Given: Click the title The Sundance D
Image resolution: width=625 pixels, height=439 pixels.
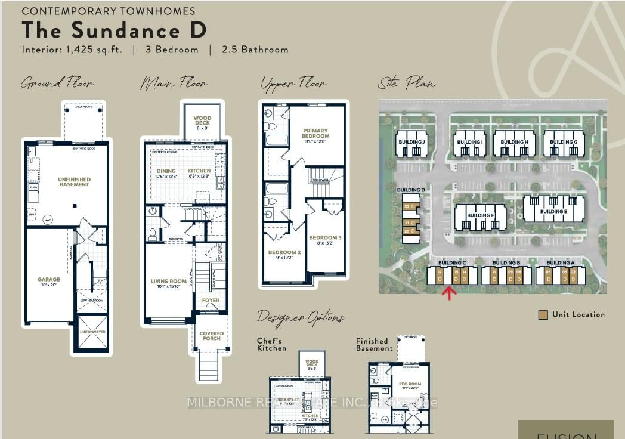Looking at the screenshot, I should click(x=114, y=30).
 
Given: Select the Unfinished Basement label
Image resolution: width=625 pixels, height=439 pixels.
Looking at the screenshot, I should click(x=74, y=181).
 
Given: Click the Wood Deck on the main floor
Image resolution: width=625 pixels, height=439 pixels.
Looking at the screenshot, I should click(x=202, y=122).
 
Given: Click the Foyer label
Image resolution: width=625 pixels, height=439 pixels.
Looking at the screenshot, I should click(x=210, y=301).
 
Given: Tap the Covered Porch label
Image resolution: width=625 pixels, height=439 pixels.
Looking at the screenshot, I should click(x=211, y=336).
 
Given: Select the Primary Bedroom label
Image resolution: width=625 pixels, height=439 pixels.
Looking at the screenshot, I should click(x=315, y=133).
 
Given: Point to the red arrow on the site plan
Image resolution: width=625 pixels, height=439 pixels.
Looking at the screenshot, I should click(x=449, y=292).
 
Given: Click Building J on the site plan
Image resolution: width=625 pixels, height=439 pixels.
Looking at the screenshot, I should click(x=411, y=142).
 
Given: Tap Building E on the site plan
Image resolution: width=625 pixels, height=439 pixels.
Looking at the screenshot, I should click(x=553, y=211).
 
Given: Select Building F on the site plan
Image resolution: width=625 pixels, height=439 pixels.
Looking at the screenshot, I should click(x=480, y=215).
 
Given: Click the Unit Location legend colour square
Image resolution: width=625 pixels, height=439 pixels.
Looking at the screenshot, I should click(x=543, y=315).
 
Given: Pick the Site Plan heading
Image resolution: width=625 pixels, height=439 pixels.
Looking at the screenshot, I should click(x=407, y=83).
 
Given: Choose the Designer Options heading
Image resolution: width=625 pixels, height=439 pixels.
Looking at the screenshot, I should click(x=300, y=317).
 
